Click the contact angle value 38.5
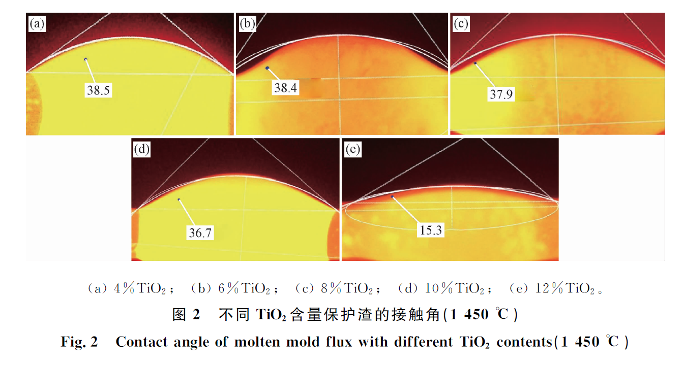tap(99, 91)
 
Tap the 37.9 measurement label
tap(501, 94)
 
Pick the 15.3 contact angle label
tap(430, 230)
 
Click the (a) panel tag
tap(37, 24)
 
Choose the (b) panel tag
tap(247, 24)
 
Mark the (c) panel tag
tap(461, 24)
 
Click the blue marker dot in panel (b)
tap(267, 68)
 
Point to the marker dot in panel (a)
tap(86, 59)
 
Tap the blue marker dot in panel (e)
tap(392, 196)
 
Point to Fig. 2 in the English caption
tap(79, 342)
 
